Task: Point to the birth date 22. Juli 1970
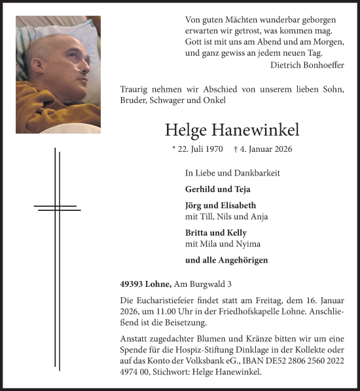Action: (x=197, y=150)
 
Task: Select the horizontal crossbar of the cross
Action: (x=58, y=208)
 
